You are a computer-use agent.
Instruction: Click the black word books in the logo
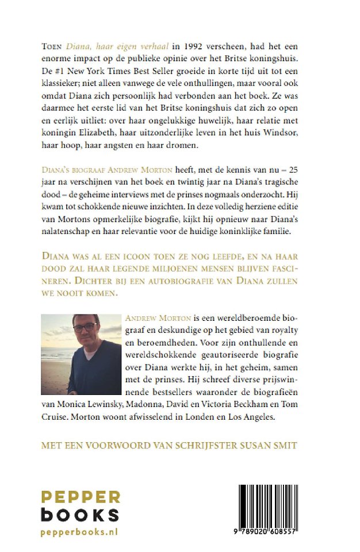point(80,515)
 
